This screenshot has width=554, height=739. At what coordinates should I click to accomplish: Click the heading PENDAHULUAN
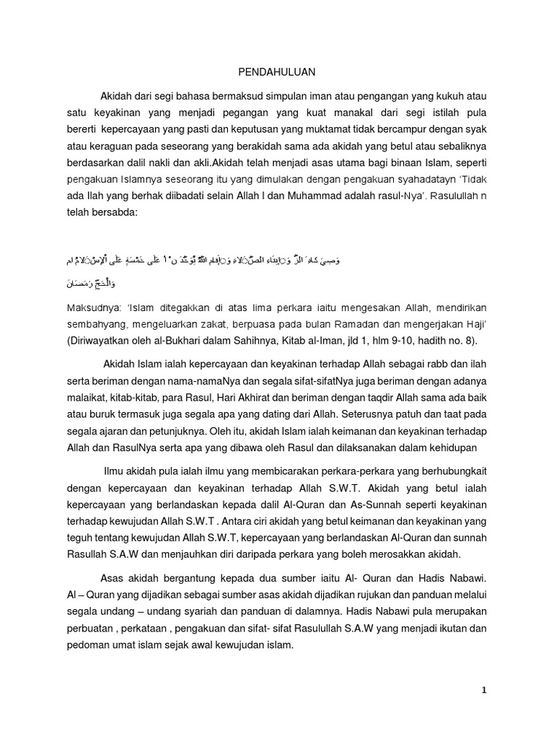277,73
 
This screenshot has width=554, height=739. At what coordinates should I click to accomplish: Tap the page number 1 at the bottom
485,690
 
